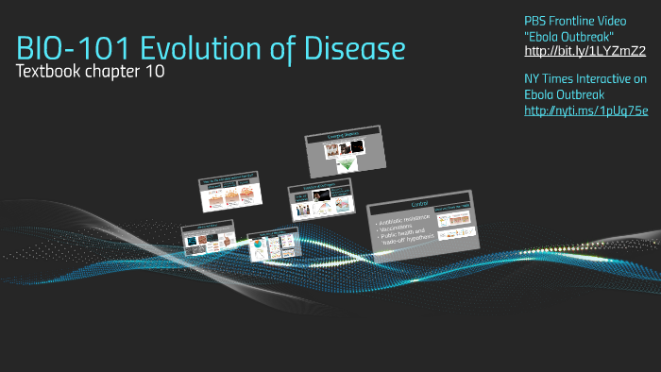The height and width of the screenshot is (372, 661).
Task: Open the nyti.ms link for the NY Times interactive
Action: click(585, 110)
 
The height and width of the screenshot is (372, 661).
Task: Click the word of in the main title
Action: click(286, 48)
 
